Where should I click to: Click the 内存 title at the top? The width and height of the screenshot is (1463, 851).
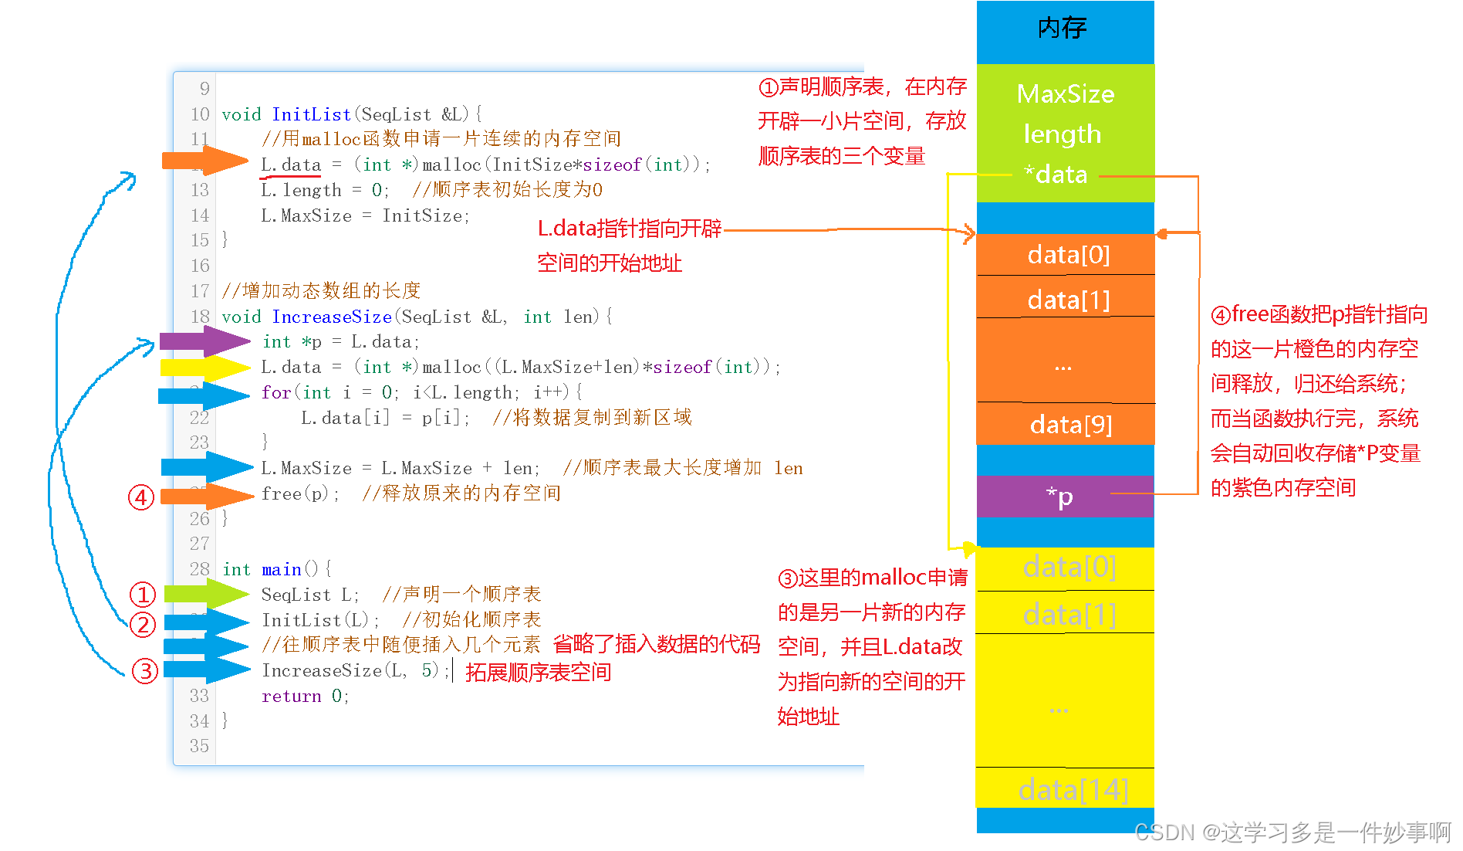[x=1063, y=29]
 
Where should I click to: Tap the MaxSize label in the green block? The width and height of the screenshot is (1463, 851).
[x=1065, y=94]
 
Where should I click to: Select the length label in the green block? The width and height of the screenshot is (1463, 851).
[x=1062, y=134]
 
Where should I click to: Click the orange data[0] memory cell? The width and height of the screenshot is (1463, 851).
[x=1068, y=255]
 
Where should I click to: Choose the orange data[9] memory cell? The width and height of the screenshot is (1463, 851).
[x=1070, y=425]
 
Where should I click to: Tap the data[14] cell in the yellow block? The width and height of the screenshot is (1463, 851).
[x=1073, y=789]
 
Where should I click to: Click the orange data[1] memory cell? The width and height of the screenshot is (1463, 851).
[x=1068, y=300]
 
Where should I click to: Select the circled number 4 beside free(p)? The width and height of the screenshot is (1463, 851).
[x=140, y=497]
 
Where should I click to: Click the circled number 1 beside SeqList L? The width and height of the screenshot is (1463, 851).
[x=143, y=595]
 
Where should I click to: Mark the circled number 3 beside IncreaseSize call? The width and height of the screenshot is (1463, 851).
[x=144, y=671]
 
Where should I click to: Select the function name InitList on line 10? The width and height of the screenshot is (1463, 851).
[x=311, y=114]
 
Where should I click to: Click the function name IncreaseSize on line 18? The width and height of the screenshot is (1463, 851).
[x=332, y=317]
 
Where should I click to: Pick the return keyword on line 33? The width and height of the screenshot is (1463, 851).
[x=291, y=697]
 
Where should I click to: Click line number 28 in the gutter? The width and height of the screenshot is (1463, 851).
[x=200, y=569]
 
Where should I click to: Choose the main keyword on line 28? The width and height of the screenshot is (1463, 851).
[x=281, y=570]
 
